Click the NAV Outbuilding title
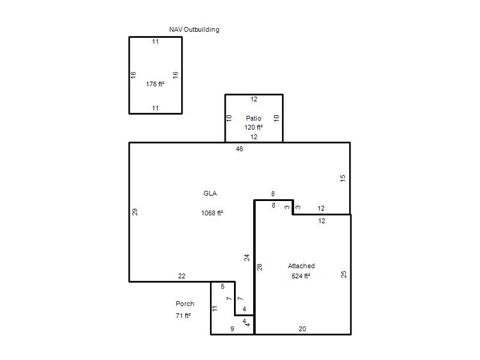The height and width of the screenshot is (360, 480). point(194,29)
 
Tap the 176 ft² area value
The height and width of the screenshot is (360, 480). point(155,84)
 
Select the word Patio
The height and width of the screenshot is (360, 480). point(253,118)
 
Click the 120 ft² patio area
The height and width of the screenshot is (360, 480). point(253,127)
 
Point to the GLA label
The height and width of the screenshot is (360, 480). point(210,193)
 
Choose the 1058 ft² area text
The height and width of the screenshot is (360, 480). point(212,213)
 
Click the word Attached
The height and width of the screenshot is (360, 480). point(301,266)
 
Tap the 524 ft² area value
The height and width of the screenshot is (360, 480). point(301,276)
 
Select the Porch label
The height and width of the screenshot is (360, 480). point(185,304)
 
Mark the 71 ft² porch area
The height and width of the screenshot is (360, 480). point(183,316)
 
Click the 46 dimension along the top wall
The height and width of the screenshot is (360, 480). point(239,149)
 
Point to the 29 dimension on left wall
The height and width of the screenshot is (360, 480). point(134,212)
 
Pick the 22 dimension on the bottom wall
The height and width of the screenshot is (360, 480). point(182,276)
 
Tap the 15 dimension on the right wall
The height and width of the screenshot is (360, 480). point(343,178)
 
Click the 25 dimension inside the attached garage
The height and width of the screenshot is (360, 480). point(344,274)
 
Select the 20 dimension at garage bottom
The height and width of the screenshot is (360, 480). point(302,329)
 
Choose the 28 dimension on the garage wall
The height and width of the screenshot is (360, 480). point(260,267)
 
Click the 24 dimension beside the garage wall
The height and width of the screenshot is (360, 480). point(247,258)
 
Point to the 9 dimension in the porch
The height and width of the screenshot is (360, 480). point(232,329)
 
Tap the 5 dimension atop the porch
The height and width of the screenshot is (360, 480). point(223,286)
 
